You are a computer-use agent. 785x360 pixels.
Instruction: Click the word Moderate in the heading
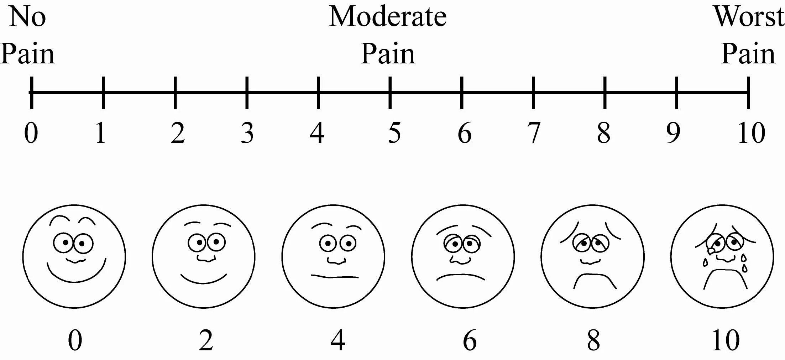click(387, 16)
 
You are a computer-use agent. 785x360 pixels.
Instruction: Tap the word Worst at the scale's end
click(749, 16)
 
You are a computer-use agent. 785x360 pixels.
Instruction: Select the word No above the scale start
click(27, 16)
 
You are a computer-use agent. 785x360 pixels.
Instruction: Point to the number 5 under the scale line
click(394, 133)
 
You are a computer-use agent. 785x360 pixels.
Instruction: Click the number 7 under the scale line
click(534, 133)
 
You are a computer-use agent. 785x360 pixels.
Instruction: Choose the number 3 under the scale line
click(247, 133)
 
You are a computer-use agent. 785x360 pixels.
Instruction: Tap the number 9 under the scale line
click(673, 133)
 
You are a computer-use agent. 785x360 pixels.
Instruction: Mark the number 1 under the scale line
click(101, 133)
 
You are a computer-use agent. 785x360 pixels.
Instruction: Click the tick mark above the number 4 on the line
click(318, 93)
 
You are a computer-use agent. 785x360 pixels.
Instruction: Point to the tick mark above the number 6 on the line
click(462, 93)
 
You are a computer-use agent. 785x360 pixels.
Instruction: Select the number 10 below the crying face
click(726, 340)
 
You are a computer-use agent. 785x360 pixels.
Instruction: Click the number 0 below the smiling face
click(75, 340)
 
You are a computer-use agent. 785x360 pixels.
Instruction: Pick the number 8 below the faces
click(593, 340)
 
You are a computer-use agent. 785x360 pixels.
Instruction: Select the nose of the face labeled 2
click(205, 259)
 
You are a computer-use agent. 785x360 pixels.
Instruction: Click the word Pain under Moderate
click(388, 54)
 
